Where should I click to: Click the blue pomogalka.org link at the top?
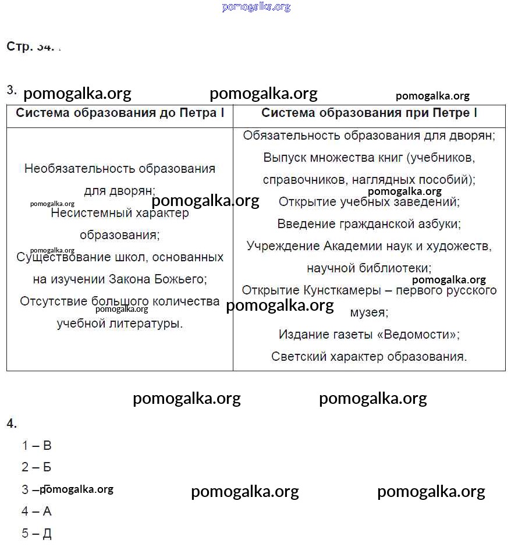point(256,7)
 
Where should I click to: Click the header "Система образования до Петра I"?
point(120,113)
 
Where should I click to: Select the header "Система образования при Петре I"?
point(369,113)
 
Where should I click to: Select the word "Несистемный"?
point(87,213)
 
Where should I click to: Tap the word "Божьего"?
point(179,279)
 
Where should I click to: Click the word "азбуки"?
point(438,223)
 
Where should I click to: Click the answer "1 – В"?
point(37,446)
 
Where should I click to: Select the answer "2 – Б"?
point(37,467)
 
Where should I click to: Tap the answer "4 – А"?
point(37,512)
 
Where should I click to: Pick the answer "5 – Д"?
point(37,534)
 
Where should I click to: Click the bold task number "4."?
point(12,424)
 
